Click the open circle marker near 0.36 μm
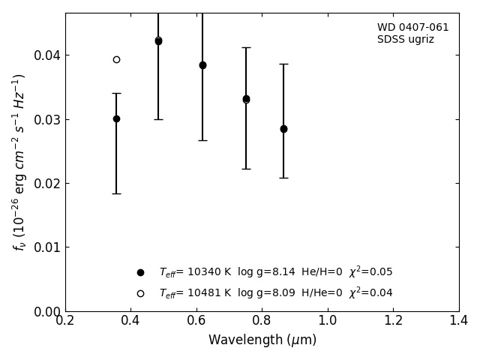tap(116, 59)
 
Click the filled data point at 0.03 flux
tap(116, 118)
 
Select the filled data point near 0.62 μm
tap(202, 65)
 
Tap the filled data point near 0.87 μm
tap(283, 129)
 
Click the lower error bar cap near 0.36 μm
tap(116, 193)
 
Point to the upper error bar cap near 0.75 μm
tap(246, 47)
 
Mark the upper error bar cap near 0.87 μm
tap(283, 64)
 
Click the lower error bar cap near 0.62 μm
tap(202, 140)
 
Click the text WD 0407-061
tap(412, 28)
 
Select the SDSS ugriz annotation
tap(405, 40)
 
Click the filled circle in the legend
tap(140, 272)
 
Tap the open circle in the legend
tap(140, 293)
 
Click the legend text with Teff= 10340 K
tap(275, 272)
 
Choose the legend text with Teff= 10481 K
tap(275, 293)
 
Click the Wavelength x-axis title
tap(262, 340)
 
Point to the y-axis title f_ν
tap(19, 161)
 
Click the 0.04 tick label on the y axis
tap(47, 55)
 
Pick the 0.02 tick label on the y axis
tap(47, 184)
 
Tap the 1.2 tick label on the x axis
tap(393, 321)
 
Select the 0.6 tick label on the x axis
tap(196, 321)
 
